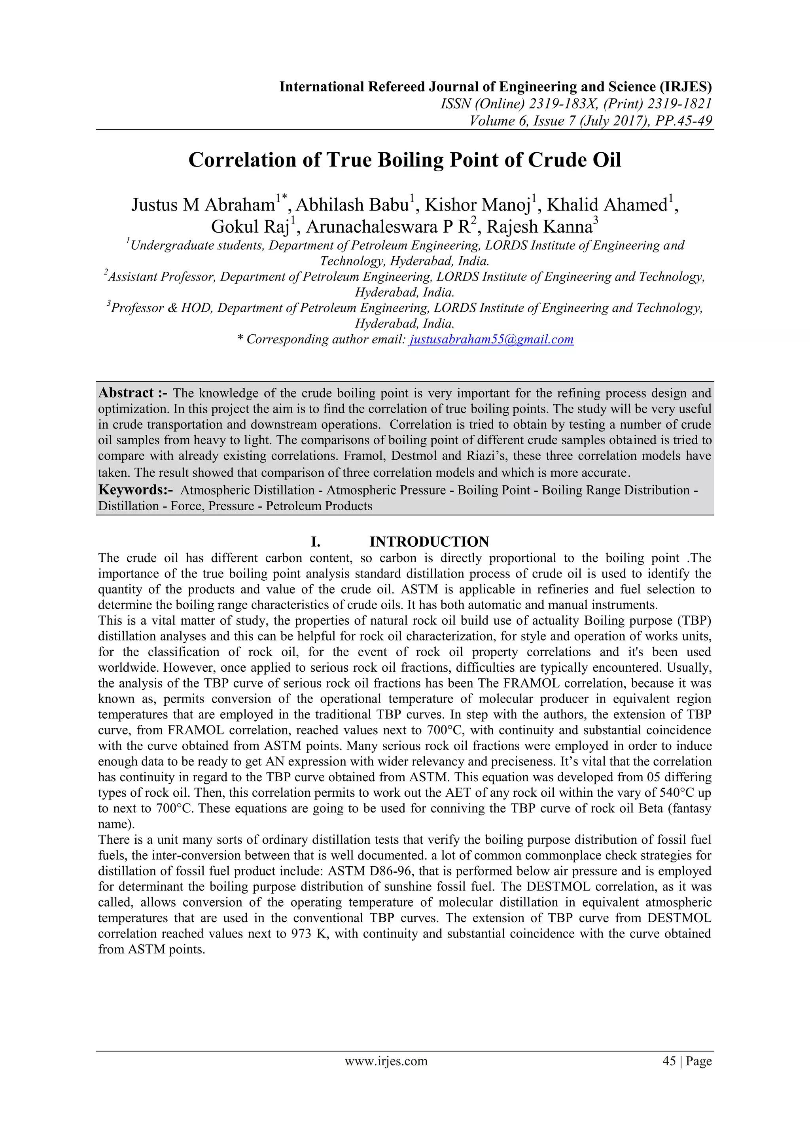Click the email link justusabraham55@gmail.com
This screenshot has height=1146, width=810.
click(x=491, y=339)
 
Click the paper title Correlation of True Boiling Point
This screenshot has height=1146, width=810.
click(x=405, y=160)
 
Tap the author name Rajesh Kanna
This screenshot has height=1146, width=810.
click(x=539, y=227)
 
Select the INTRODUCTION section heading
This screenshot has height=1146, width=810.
click(x=429, y=542)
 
